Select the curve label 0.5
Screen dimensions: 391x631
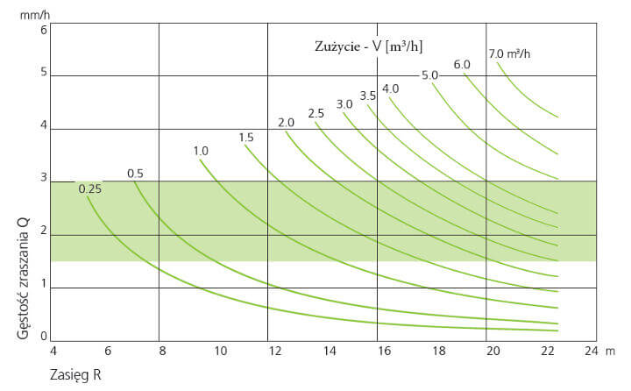tap(135, 173)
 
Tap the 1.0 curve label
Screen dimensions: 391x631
tap(201, 151)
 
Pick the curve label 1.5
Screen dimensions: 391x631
tap(245, 137)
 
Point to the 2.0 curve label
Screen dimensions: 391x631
tap(286, 122)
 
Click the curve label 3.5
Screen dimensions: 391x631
tap(367, 95)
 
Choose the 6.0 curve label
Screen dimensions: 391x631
tap(462, 64)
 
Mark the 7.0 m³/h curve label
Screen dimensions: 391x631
tap(509, 53)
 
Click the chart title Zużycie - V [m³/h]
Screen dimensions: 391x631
tap(372, 45)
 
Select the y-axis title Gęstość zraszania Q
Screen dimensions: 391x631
tap(25, 268)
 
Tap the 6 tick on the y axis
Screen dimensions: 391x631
tap(43, 29)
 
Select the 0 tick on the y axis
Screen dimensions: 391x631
tap(43, 336)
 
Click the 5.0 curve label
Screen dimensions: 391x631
tap(429, 75)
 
